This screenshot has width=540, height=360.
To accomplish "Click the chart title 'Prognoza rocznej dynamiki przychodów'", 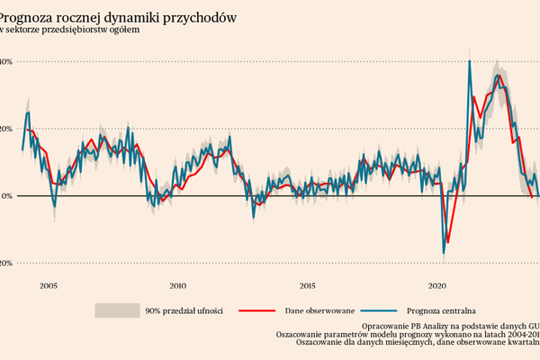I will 117,17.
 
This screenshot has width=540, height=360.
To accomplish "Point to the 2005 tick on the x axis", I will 48,285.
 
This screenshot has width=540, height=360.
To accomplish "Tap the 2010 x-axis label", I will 177,285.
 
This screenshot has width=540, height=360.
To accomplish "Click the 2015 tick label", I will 307,285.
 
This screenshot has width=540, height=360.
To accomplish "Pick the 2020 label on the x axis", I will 437,285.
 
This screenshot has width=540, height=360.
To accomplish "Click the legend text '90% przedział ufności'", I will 184,310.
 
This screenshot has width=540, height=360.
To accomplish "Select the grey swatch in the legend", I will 116,310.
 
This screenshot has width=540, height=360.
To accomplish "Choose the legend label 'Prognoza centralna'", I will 445,310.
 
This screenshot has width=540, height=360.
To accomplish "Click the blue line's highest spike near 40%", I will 470,61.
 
